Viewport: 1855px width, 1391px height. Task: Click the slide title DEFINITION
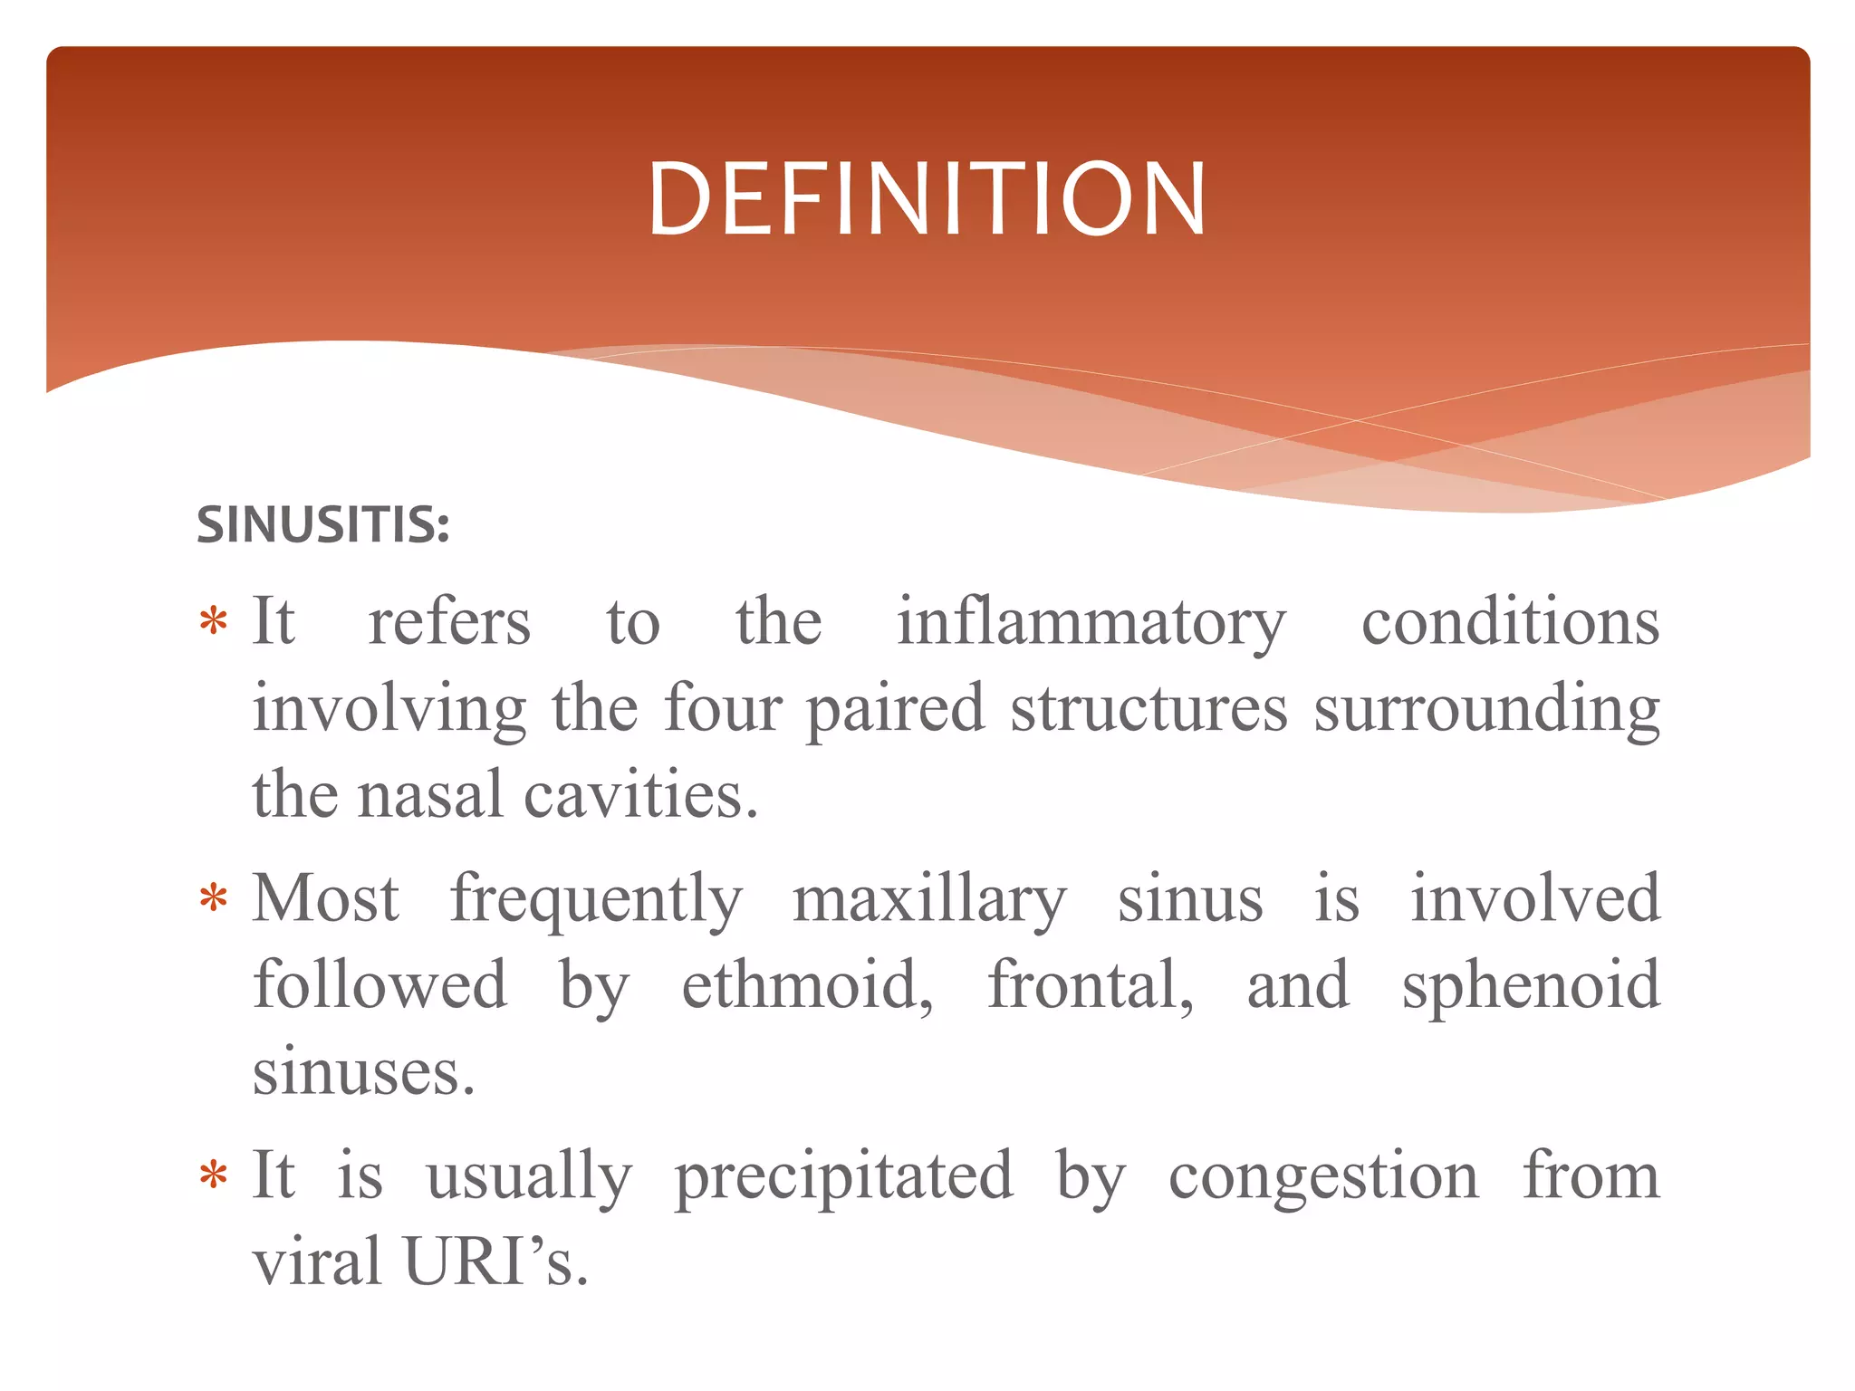[927, 199]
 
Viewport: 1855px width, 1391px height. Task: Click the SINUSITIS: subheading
[323, 524]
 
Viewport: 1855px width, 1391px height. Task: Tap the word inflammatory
[1091, 625]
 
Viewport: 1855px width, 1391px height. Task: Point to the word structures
[1149, 708]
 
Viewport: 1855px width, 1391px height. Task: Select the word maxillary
[929, 902]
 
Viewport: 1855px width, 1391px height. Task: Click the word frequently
[596, 902]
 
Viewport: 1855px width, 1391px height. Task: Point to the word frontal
[1090, 985]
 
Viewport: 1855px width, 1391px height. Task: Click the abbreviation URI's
[496, 1261]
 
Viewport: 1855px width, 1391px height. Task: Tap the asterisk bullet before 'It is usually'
[214, 1176]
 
